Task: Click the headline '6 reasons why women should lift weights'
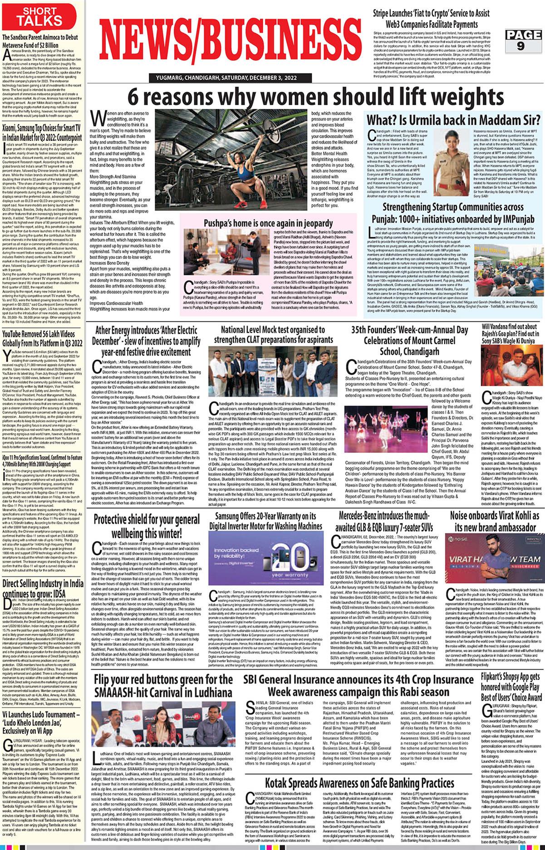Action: point(315,97)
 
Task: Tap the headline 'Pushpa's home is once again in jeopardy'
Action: point(268,223)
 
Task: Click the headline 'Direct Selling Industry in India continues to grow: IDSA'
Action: point(43,588)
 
